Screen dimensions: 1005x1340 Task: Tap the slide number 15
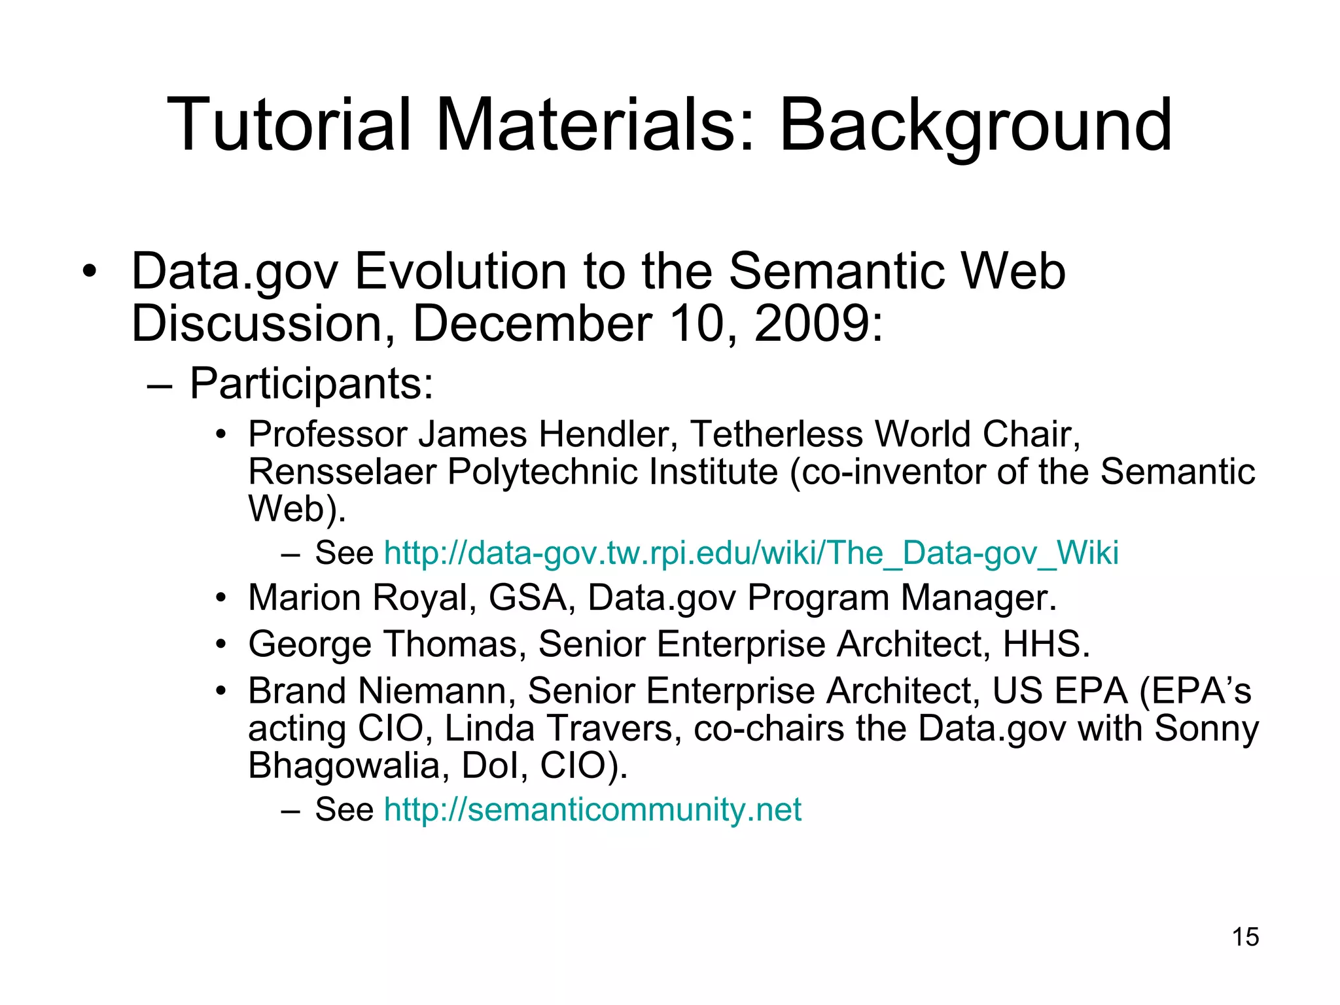click(1245, 937)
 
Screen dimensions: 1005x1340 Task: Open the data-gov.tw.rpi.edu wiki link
click(750, 553)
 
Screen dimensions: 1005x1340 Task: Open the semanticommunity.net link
click(592, 809)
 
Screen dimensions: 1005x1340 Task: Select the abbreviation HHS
click(1045, 644)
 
